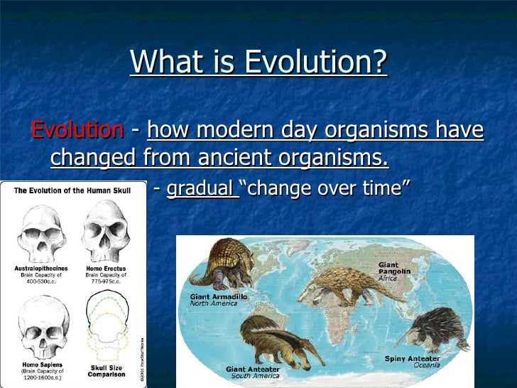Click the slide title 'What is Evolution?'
coord(258,63)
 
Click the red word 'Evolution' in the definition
coord(77,131)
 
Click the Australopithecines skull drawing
coord(40,231)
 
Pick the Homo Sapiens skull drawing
coord(40,324)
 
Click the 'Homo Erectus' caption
coord(105,268)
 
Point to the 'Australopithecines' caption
coord(40,268)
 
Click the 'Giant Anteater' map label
coord(252,370)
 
